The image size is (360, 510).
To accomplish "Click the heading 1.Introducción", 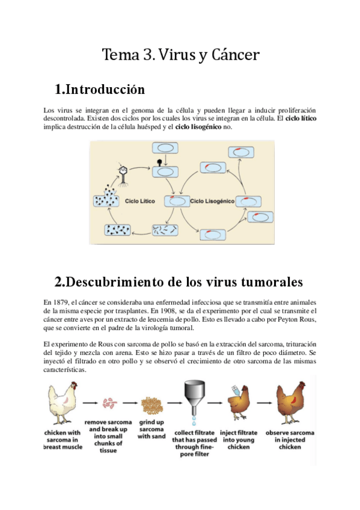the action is click(100, 90).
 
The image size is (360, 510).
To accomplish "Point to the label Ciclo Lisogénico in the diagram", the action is click(212, 199).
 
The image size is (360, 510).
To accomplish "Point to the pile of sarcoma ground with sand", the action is click(151, 404).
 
